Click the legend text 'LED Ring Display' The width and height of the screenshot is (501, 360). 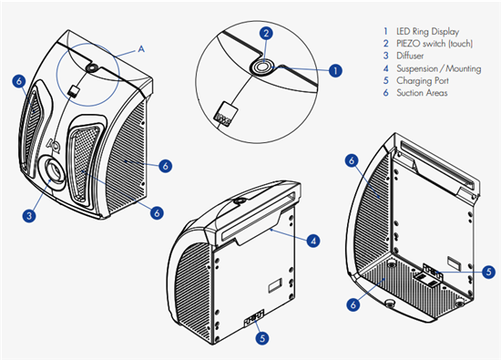tap(427, 31)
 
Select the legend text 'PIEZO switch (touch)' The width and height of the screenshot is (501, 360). tap(435, 44)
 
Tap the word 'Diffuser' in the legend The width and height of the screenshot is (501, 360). tap(410, 56)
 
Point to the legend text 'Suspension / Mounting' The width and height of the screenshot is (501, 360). tap(439, 68)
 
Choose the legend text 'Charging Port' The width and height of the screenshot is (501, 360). tap(423, 80)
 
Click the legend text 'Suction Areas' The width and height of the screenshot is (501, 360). tap(422, 93)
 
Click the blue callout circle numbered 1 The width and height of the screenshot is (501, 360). tap(335, 70)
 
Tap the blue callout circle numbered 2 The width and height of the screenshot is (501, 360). tap(266, 33)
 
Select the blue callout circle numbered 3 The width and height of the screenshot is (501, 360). tap(29, 215)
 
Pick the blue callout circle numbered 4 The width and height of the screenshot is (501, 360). tap(313, 241)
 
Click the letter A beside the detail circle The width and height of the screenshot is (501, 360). tap(141, 49)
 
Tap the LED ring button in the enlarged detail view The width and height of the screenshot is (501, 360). tap(262, 67)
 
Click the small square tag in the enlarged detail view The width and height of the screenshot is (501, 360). tap(227, 115)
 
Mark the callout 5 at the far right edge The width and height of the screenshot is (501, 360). tap(488, 272)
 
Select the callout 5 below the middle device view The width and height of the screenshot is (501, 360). tap(262, 338)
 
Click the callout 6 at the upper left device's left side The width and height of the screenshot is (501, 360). tap(19, 81)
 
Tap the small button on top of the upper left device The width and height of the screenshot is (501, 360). tap(92, 68)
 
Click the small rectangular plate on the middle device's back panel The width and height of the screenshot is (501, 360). tap(275, 285)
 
